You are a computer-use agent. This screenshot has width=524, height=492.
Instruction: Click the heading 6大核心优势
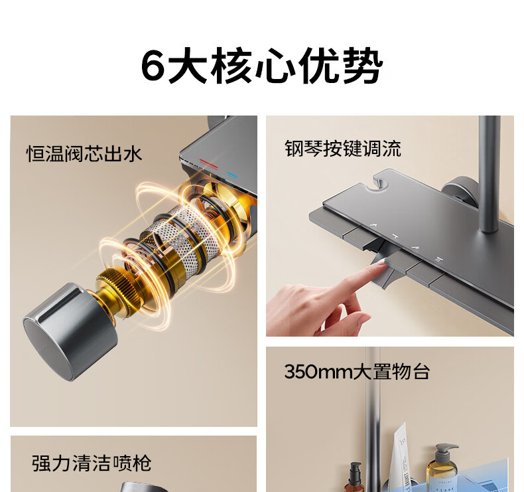point(262,65)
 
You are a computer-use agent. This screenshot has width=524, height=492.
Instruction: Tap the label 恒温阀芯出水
point(84,154)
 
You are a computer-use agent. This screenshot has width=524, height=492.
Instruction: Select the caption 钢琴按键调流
point(343,148)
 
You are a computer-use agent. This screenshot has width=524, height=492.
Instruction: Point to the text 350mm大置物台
point(357,371)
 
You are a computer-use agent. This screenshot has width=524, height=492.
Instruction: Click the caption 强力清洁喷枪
point(92,463)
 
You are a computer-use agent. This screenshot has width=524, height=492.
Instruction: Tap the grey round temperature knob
point(70,332)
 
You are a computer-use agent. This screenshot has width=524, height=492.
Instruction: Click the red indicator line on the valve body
point(208,164)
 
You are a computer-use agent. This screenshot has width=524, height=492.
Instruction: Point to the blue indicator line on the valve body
point(232,175)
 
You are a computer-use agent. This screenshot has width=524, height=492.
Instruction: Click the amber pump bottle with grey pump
point(442,467)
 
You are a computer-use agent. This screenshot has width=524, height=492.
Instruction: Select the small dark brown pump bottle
point(355,477)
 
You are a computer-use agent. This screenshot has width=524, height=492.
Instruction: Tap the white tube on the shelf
point(402,457)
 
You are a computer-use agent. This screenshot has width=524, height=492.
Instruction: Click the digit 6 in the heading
point(153,66)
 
